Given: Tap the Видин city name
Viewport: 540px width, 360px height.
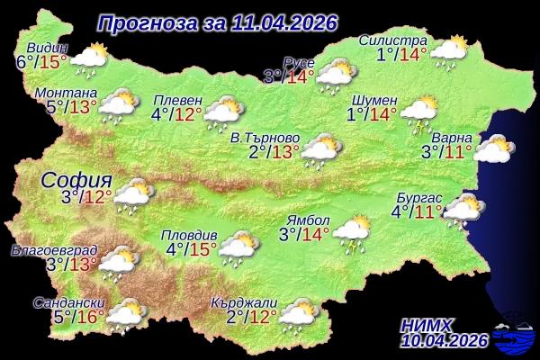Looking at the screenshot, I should point(48,48).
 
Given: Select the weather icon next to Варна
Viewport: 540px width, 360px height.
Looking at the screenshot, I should point(493,148).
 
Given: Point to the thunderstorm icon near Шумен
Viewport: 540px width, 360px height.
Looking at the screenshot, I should point(418,113).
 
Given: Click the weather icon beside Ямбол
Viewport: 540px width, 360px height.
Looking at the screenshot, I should point(353,230).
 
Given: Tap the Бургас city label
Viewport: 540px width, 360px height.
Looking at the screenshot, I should point(419,197).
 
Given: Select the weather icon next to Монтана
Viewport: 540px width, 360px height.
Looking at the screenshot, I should point(119,106).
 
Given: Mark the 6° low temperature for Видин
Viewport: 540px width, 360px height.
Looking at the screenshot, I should point(24,62).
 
